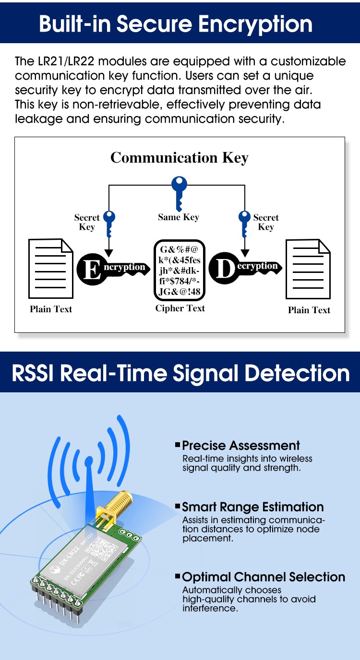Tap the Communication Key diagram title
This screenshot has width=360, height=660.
pyautogui.click(x=180, y=158)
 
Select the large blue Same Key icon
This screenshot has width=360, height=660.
pyautogui.click(x=180, y=191)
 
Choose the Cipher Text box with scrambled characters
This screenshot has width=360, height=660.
pyautogui.click(x=180, y=271)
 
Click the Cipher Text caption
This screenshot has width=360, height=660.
pyautogui.click(x=180, y=308)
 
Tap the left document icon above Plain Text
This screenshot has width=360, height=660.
pyautogui.click(x=51, y=269)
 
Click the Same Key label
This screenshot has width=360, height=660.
pyautogui.click(x=179, y=217)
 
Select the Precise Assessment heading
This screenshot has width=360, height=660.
pyautogui.click(x=241, y=446)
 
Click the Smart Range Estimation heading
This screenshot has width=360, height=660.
pyautogui.click(x=253, y=507)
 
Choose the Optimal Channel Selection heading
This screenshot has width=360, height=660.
pyautogui.click(x=264, y=577)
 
